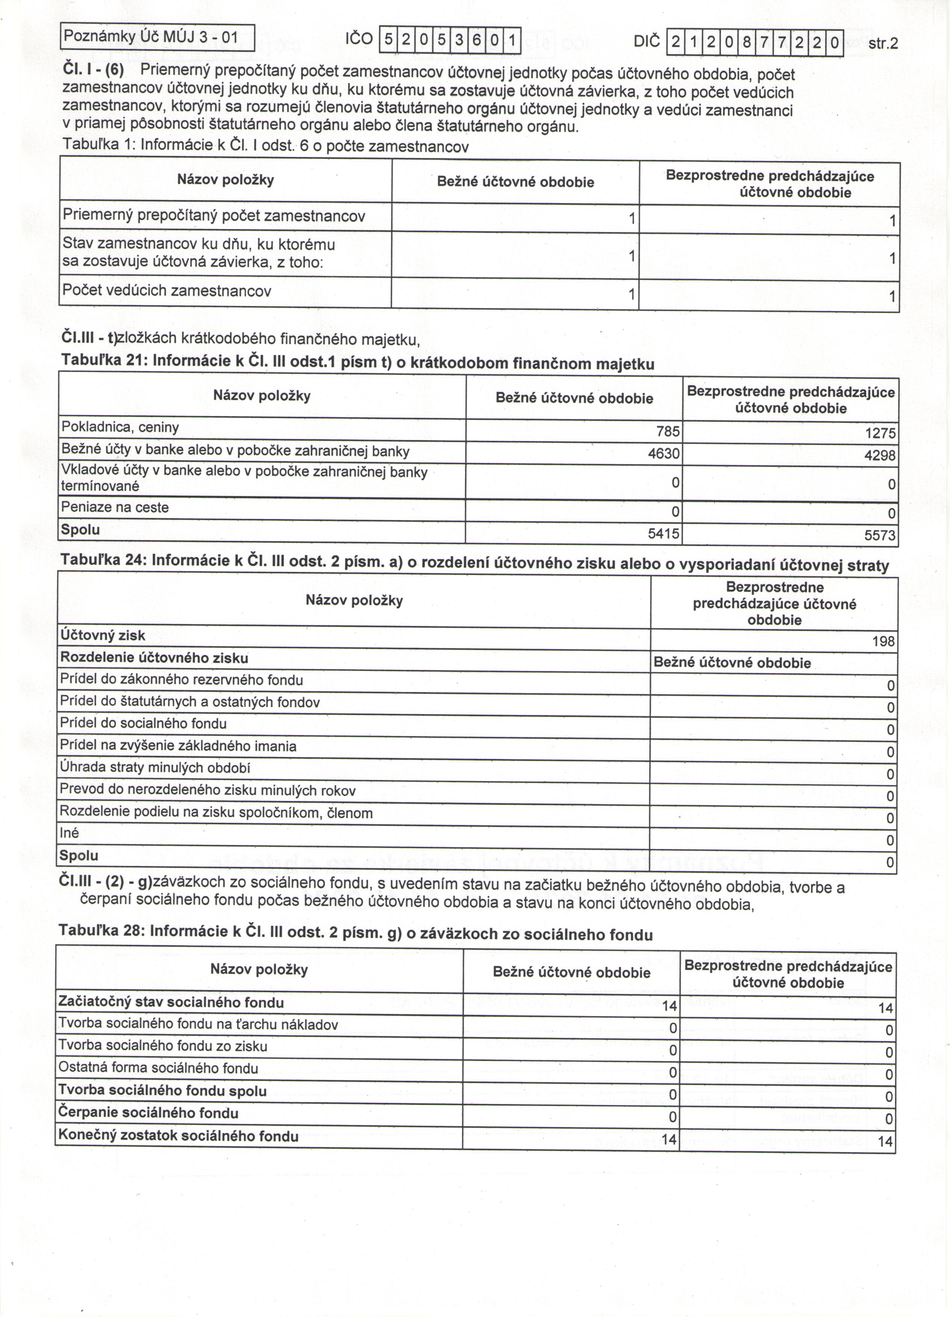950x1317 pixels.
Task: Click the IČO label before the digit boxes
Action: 359,39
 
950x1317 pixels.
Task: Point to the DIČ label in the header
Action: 647,42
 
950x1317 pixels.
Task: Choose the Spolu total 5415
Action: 664,533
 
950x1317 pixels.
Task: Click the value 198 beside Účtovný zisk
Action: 883,642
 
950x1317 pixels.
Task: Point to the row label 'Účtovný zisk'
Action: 103,636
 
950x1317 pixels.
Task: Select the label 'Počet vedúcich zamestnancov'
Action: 167,291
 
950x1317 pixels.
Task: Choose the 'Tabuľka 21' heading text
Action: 358,362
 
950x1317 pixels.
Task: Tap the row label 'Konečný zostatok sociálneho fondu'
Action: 179,1136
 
